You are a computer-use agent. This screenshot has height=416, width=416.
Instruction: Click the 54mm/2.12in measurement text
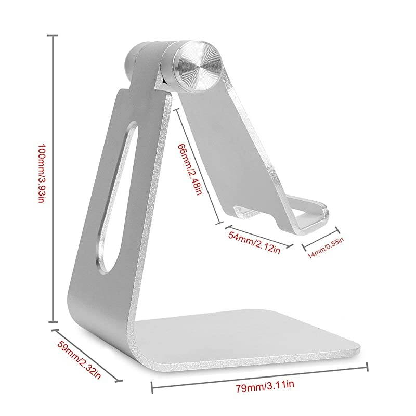point(255,243)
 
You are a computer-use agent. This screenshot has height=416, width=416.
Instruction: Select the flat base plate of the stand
point(250,338)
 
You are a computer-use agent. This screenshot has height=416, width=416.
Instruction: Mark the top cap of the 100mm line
point(52,35)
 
